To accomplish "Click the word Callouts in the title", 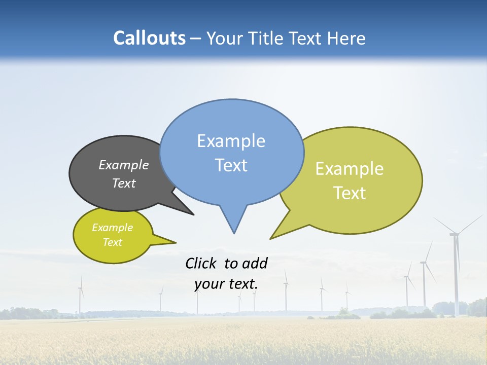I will (x=149, y=39).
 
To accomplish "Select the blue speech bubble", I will (x=231, y=152).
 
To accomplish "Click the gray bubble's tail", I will (x=183, y=208).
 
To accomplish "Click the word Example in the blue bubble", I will (x=231, y=141).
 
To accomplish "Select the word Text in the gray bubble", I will (x=123, y=184).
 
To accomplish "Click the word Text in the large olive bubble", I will (x=350, y=193).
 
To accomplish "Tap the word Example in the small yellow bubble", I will (x=112, y=228).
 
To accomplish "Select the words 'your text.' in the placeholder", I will (x=226, y=284).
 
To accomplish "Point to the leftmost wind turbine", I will (x=80, y=297).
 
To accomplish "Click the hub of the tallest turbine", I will (x=455, y=234).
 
